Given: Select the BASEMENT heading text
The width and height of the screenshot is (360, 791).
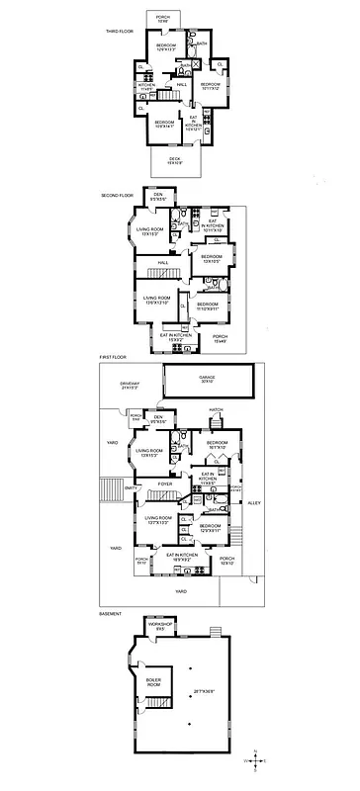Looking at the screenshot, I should tap(111, 613).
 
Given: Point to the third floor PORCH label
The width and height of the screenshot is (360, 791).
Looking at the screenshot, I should tap(163, 18).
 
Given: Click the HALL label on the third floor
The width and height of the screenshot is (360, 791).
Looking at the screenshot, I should tap(182, 85).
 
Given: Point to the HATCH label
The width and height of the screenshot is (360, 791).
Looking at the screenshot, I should tap(215, 408).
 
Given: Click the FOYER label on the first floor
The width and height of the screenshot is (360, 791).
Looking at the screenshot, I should tap(150, 483).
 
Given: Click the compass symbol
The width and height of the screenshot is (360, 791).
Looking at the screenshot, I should tap(258, 760).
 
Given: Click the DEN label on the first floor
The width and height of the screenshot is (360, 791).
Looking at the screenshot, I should tap(157, 418).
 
